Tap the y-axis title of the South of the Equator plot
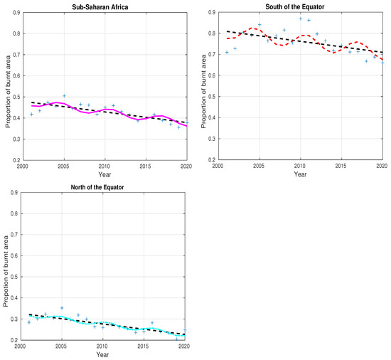[x=203, y=90]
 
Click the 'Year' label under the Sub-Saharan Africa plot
[x=104, y=173]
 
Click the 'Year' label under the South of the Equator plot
[x=300, y=174]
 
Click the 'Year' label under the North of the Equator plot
[x=104, y=354]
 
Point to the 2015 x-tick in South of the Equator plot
[x=341, y=166]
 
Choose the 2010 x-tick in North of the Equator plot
[x=105, y=346]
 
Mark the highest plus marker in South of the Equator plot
[x=301, y=18]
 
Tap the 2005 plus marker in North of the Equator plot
[x=63, y=308]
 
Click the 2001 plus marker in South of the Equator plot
[x=227, y=52]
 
